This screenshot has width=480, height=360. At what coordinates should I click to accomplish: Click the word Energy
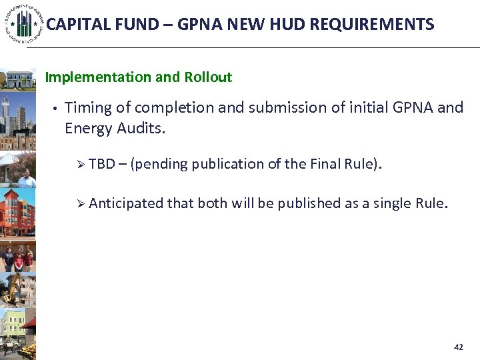coord(87,128)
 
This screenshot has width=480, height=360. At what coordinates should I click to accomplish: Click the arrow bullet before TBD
coord(81,164)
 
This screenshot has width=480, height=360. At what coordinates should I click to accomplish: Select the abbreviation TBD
coord(102,164)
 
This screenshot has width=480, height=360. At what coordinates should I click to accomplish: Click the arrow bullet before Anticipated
coord(81,203)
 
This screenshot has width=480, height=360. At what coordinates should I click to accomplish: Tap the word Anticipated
coord(125,203)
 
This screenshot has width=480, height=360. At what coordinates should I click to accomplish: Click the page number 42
coord(458,347)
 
